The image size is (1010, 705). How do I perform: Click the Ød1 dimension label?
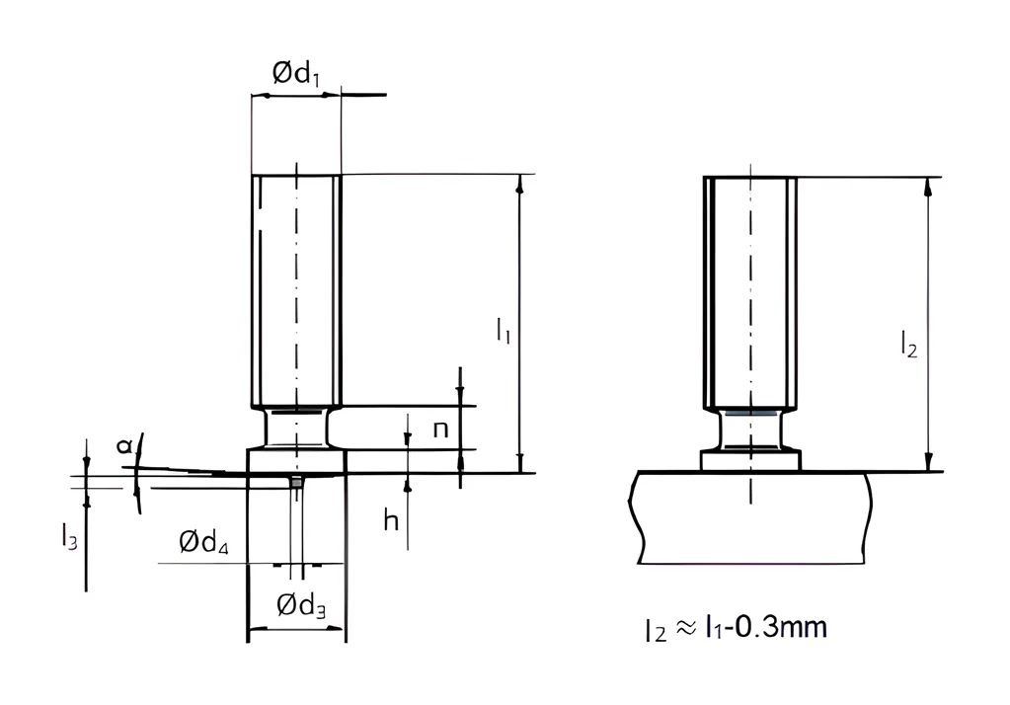pyautogui.click(x=295, y=73)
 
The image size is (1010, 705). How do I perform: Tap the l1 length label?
pyautogui.click(x=504, y=331)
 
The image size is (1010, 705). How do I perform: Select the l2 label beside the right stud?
pyautogui.click(x=908, y=344)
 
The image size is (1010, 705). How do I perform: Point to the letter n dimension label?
pyautogui.click(x=440, y=430)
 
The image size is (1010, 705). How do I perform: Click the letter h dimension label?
pyautogui.click(x=391, y=519)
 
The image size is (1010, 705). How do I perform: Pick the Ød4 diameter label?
pyautogui.click(x=203, y=543)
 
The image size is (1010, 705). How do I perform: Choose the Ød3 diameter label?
pyautogui.click(x=301, y=605)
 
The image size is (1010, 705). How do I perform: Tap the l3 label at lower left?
pyautogui.click(x=69, y=536)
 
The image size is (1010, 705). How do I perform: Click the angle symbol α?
pyautogui.click(x=124, y=445)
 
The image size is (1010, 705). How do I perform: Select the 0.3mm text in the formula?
pyautogui.click(x=781, y=626)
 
